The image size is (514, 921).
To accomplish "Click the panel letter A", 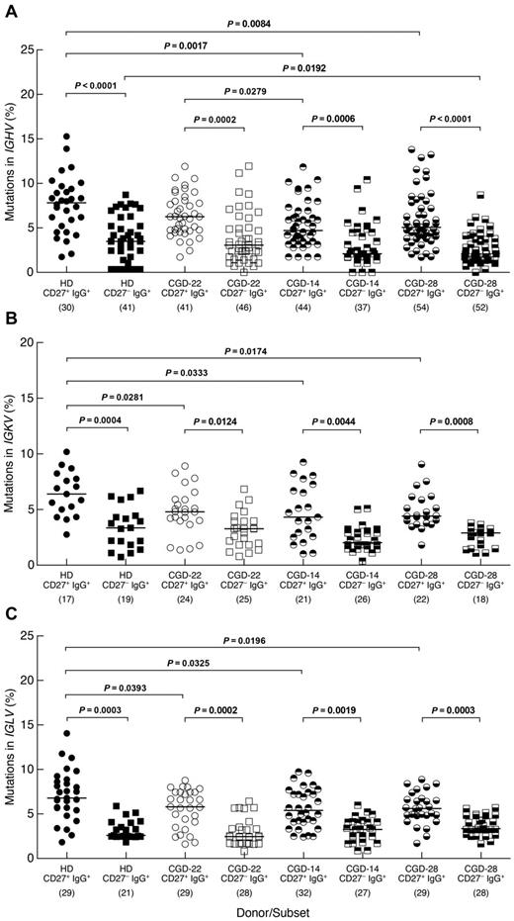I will click(11, 10).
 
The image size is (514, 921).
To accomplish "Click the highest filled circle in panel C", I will click(66, 733).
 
